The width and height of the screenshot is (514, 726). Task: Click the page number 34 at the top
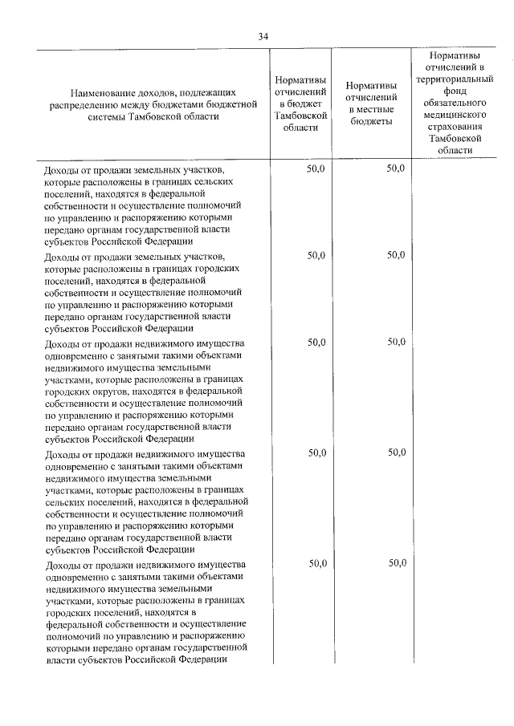[x=263, y=36]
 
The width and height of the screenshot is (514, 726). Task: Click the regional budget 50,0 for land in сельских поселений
[x=316, y=169]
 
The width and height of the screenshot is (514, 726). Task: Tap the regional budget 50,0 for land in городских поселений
[x=316, y=256]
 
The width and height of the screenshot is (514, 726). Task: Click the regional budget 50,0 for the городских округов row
[x=316, y=343]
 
